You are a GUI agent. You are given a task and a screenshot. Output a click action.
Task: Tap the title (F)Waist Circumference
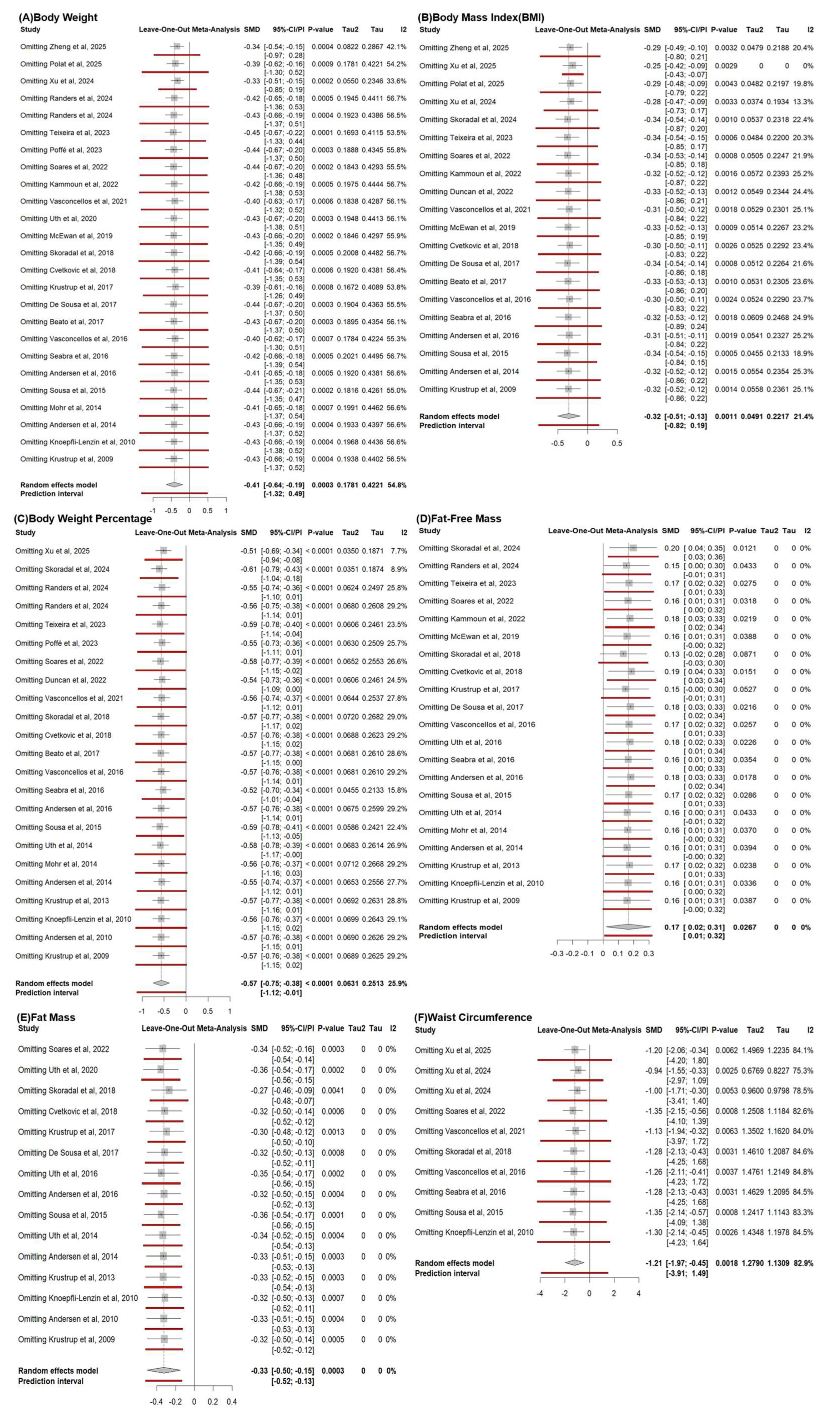tap(473, 1017)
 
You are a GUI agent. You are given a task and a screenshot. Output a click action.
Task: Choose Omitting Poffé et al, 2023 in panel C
tap(56, 643)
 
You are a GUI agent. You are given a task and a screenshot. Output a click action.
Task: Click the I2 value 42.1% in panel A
tap(396, 47)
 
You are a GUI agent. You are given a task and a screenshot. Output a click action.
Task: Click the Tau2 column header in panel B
tap(754, 29)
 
